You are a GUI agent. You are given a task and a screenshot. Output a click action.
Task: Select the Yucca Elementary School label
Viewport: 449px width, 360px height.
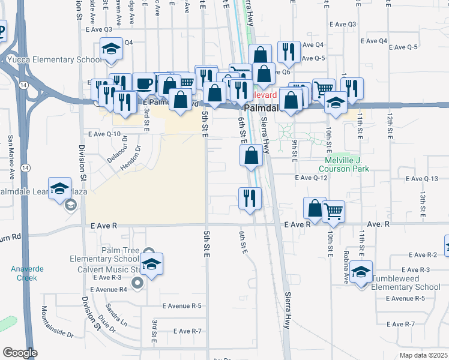55,60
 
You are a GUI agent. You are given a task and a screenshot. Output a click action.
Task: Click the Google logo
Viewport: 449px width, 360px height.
19,353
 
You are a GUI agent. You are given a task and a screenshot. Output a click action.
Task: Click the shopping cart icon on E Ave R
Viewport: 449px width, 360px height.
334,211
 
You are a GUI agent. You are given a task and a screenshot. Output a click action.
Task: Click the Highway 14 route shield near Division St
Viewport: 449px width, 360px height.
23,86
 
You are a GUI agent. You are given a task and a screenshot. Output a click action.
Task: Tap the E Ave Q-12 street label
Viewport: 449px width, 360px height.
311,178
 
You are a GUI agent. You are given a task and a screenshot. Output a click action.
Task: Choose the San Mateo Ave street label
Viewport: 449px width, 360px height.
11,154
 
